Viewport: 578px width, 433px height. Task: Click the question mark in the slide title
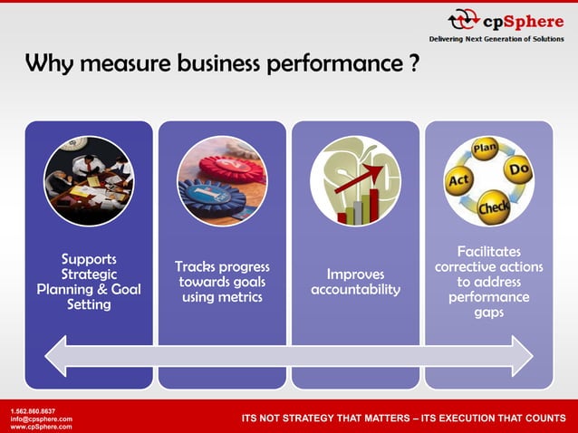tap(413, 65)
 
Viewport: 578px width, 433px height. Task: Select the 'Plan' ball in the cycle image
tap(486, 149)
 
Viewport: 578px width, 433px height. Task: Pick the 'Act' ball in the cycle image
tap(458, 183)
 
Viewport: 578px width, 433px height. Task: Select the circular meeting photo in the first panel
tap(89, 180)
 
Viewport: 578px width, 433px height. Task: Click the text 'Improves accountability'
tap(355, 282)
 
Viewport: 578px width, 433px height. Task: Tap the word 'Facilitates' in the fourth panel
tap(489, 251)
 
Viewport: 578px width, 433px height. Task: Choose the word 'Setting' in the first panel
tap(89, 305)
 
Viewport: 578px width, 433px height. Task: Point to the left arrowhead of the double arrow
tap(56, 355)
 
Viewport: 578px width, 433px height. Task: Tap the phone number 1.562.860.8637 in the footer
tap(32, 411)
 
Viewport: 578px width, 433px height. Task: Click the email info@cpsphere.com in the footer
tap(35, 419)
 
